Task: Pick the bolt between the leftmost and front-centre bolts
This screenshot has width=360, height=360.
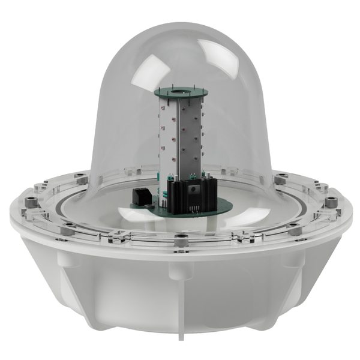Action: click(68, 229)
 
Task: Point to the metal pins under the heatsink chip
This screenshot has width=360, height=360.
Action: click(194, 208)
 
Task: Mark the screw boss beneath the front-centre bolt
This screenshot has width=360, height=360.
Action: click(179, 270)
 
